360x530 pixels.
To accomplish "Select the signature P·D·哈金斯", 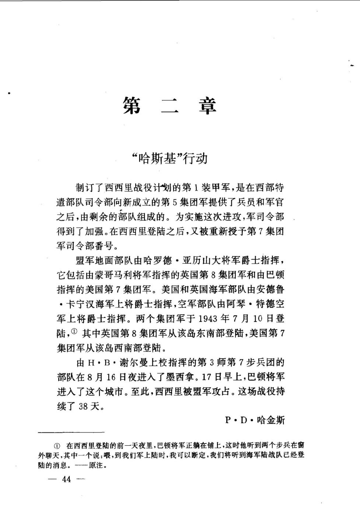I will [255, 420].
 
